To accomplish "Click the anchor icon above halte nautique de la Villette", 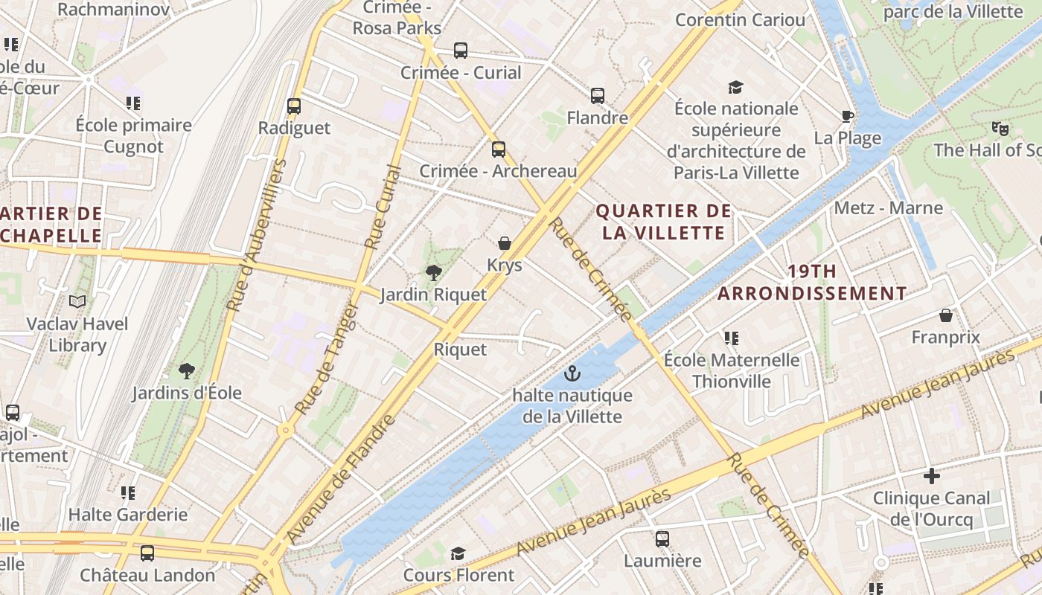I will pyautogui.click(x=572, y=373).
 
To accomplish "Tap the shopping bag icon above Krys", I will pyautogui.click(x=505, y=243).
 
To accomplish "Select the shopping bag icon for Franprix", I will pyautogui.click(x=946, y=315).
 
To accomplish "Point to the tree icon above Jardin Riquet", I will pyautogui.click(x=433, y=272).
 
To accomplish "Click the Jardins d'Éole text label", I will pyautogui.click(x=187, y=393).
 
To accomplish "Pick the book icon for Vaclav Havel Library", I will pyautogui.click(x=77, y=301).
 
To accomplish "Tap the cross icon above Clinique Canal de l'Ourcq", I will pyautogui.click(x=931, y=475).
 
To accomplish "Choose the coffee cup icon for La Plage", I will pyautogui.click(x=847, y=115).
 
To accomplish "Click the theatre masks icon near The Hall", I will pyautogui.click(x=1000, y=129).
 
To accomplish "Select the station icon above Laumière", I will pyautogui.click(x=662, y=538).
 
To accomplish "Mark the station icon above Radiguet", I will pyautogui.click(x=294, y=106).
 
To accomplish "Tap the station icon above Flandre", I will pyautogui.click(x=597, y=95).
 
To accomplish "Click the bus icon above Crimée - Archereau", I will pyautogui.click(x=498, y=149).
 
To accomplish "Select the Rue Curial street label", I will pyautogui.click(x=383, y=207).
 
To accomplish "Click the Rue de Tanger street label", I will pyautogui.click(x=327, y=359).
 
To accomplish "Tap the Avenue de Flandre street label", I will pyautogui.click(x=342, y=478).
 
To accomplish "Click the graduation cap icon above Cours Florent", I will pyautogui.click(x=458, y=553).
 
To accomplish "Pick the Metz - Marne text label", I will pyautogui.click(x=888, y=208).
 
